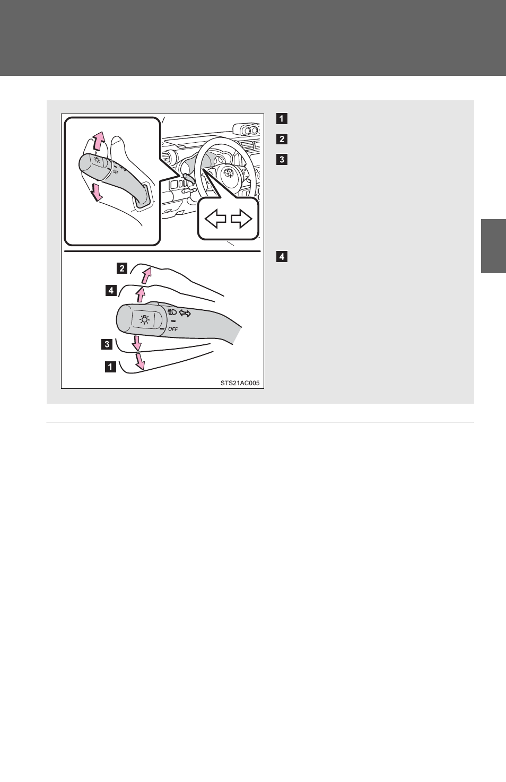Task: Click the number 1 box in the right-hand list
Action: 282,119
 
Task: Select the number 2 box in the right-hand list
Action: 282,139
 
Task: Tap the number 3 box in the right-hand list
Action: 282,160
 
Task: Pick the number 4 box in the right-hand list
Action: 282,257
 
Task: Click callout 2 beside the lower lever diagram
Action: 122,268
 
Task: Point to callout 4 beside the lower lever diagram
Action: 111,290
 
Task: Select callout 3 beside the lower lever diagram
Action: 107,344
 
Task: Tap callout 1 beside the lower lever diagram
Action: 110,367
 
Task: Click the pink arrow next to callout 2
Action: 146,276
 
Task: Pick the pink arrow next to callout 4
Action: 140,294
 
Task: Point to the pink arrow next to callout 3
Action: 137,343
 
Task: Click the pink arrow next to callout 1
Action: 140,361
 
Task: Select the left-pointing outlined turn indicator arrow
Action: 215,219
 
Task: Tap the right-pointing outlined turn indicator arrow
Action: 241,219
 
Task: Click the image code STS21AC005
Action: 240,383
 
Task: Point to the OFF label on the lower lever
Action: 173,329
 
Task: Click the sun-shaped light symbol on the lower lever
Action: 144,319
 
